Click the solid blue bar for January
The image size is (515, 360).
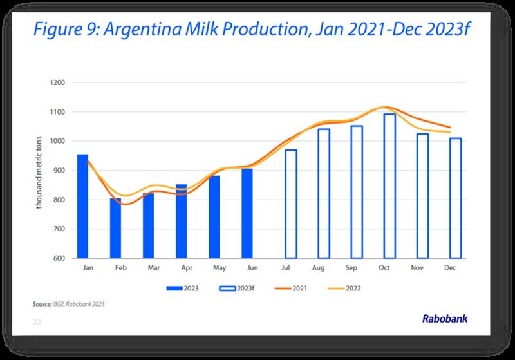(82, 206)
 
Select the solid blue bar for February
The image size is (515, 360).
(115, 228)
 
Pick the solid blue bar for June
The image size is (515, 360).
(247, 213)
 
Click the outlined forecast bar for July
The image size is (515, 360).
(291, 204)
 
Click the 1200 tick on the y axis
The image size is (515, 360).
(60, 82)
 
